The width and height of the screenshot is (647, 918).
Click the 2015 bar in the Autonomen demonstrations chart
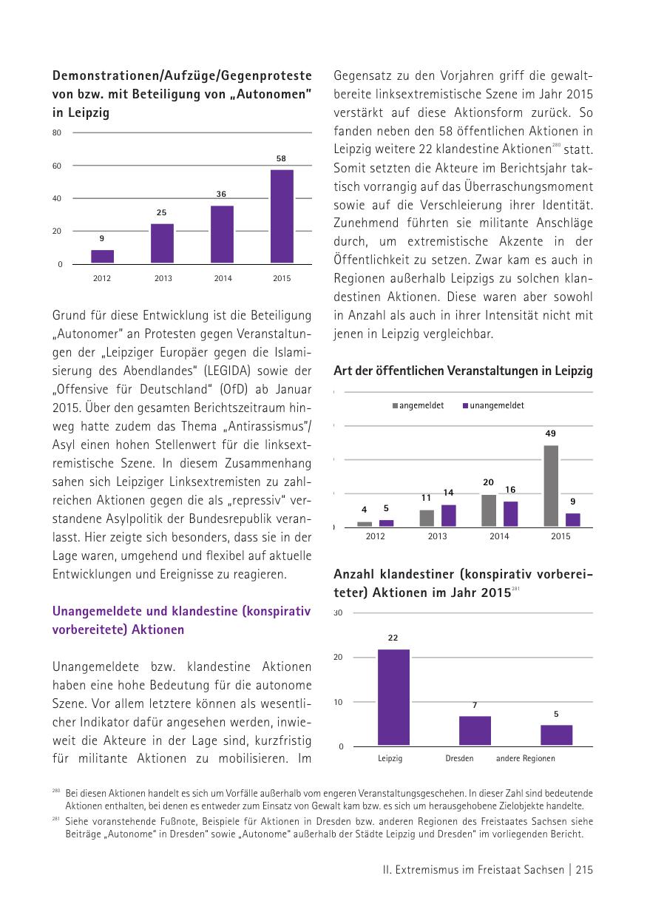tap(282, 216)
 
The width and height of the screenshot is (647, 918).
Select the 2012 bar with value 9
tap(103, 256)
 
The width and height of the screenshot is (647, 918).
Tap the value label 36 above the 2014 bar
tap(221, 194)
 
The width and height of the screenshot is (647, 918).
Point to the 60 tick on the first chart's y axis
tap(57, 166)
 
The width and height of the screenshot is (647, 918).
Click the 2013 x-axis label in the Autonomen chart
tap(163, 279)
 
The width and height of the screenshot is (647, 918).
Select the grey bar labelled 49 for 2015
tap(551, 485)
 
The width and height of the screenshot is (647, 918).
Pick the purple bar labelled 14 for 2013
tap(449, 515)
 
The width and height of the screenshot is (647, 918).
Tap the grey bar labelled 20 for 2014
tap(489, 510)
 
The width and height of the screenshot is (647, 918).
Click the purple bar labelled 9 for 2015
tap(573, 519)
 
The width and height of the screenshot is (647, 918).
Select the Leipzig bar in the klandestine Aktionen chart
tap(393, 697)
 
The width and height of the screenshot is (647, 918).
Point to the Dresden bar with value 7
tap(475, 730)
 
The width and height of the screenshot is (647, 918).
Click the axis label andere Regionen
tap(525, 758)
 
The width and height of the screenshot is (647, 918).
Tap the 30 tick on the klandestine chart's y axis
tap(338, 613)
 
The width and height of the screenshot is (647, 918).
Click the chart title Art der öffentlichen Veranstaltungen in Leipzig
tap(463, 371)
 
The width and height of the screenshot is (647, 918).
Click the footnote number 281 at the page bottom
tap(56, 820)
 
